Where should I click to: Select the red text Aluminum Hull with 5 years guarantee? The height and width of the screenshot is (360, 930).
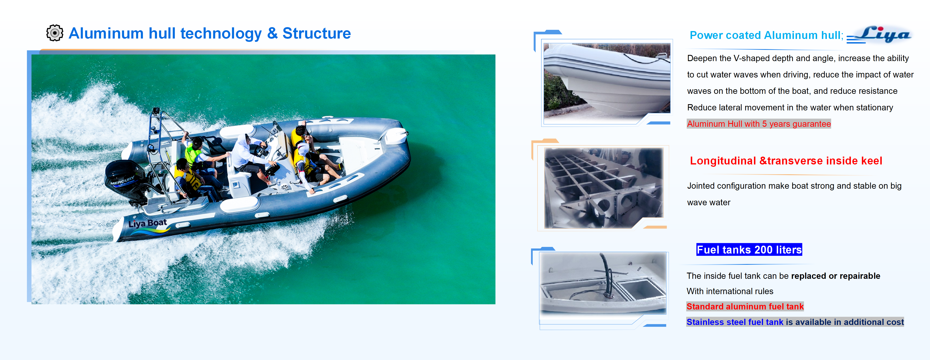tap(758, 124)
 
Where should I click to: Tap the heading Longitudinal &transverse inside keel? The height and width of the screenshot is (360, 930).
tap(786, 161)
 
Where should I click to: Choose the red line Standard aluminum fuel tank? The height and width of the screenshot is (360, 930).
tap(745, 307)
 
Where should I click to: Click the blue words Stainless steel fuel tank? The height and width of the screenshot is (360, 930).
tap(735, 322)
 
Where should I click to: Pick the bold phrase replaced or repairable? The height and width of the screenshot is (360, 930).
tap(835, 276)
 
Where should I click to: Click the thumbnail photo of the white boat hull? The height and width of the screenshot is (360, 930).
tap(606, 81)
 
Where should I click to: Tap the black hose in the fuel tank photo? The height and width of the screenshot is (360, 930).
tap(606, 274)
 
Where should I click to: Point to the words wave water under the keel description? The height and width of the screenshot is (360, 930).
tap(708, 203)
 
